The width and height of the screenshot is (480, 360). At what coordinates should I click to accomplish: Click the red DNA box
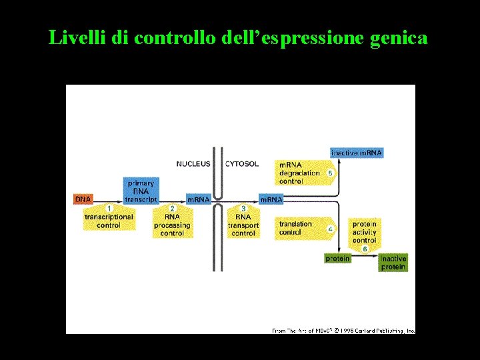click(83, 199)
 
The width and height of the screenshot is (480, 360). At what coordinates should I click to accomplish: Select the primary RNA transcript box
click(141, 191)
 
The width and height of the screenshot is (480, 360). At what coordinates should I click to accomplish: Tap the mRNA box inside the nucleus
click(198, 199)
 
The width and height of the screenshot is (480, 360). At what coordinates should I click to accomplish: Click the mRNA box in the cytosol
click(271, 199)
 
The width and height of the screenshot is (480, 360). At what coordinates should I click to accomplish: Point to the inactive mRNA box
click(357, 153)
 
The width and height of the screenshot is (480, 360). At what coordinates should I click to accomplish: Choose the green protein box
click(337, 259)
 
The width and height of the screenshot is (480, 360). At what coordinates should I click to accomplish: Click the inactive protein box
click(393, 263)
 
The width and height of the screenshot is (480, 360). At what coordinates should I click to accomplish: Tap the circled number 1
click(109, 209)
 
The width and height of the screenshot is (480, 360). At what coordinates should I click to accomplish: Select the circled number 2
click(172, 209)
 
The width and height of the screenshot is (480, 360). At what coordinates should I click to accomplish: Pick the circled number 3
click(243, 209)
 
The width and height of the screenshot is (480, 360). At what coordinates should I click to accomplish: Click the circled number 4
click(331, 229)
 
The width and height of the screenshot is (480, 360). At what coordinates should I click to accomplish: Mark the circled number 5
click(331, 173)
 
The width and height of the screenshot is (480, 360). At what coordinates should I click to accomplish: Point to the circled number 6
click(365, 249)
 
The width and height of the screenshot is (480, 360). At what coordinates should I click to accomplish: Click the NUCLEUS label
click(193, 164)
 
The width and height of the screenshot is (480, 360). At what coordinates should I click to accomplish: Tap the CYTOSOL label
click(242, 164)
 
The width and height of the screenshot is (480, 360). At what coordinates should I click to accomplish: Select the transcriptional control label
click(109, 221)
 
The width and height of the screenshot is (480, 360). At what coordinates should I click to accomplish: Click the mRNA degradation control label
click(299, 173)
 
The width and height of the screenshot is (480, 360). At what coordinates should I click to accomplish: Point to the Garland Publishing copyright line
click(343, 330)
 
